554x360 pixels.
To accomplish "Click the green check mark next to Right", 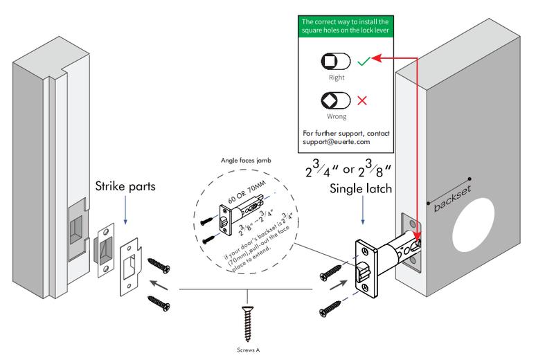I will click(363, 62).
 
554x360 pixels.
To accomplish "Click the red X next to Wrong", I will click(361, 101).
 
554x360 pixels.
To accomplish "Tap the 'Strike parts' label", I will click(126, 188).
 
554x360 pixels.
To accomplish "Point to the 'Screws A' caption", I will click(247, 350).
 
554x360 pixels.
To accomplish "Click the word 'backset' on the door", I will click(449, 198).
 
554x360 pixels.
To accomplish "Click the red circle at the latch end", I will click(419, 242).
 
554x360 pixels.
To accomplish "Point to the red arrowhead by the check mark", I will click(378, 60).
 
